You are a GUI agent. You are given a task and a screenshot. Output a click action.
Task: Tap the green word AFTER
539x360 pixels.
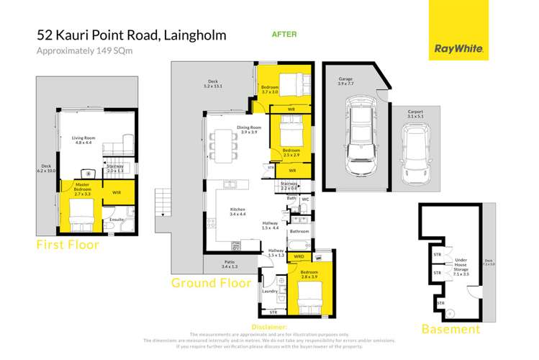coord(284,34)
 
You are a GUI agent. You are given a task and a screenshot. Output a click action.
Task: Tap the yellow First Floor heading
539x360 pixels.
coord(68,246)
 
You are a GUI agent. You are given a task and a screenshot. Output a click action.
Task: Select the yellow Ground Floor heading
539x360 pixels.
coord(211,283)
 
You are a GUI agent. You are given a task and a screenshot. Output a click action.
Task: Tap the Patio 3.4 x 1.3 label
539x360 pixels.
coord(222,264)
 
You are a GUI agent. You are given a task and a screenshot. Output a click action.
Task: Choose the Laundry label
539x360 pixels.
coord(269,291)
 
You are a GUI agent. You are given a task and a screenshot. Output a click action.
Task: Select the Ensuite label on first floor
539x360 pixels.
coord(117,219)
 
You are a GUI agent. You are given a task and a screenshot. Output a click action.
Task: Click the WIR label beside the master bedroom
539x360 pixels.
coord(117,192)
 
